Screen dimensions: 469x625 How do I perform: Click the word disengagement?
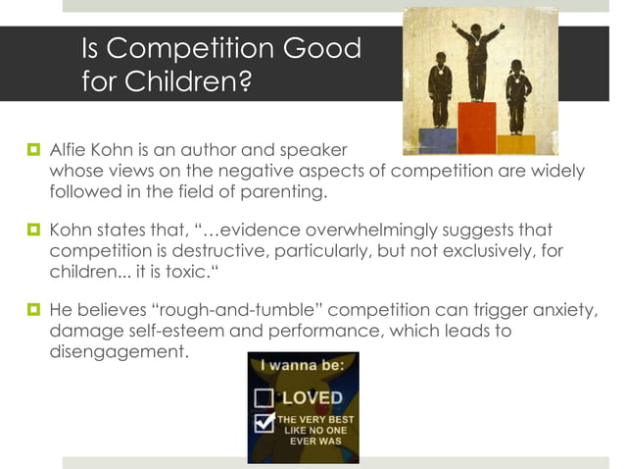[x=117, y=350]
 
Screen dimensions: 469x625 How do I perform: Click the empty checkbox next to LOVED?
[x=264, y=398]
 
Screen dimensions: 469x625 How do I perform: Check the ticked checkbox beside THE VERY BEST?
[x=264, y=423]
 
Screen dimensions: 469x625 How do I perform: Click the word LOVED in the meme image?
[x=312, y=398]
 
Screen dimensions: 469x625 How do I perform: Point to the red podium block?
[x=476, y=128]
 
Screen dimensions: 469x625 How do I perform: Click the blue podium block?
[x=437, y=140]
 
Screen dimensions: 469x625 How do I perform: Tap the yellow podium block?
[x=515, y=144]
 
